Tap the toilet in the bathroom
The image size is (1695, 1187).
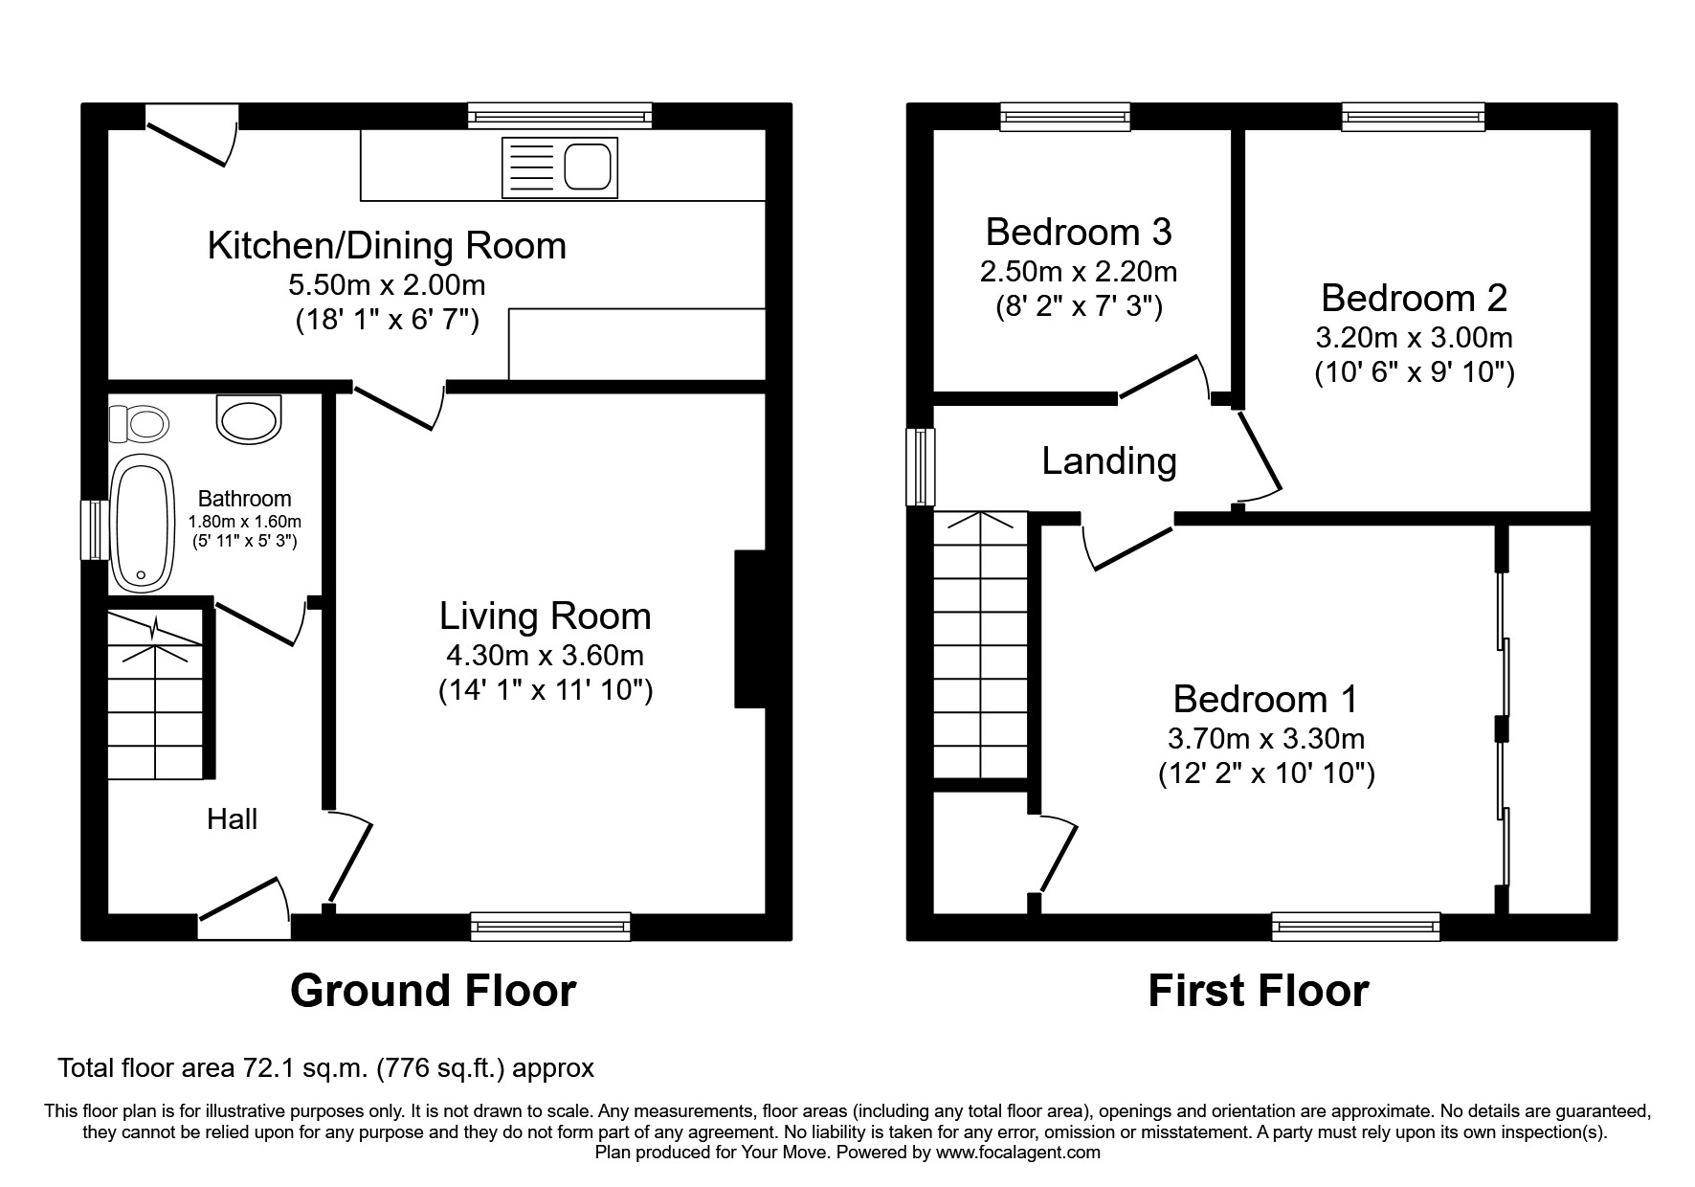138,423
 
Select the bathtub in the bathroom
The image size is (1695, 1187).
143,522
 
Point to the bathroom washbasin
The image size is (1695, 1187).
250,420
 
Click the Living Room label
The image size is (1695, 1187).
546,616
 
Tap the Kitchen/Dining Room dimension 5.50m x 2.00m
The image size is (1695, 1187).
387,284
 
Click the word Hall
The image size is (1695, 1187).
232,818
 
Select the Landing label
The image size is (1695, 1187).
1109,461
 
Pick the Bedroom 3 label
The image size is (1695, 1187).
1079,232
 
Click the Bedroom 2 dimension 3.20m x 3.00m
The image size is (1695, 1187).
1414,338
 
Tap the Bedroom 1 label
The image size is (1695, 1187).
1265,699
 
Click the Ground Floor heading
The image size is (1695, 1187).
433,990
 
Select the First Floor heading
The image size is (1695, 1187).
1258,990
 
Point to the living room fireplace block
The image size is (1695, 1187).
749,629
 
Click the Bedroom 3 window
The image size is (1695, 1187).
1065,116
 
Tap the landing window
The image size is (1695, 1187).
921,466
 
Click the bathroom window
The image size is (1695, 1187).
94,529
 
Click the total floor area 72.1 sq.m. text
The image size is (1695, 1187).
326,1067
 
